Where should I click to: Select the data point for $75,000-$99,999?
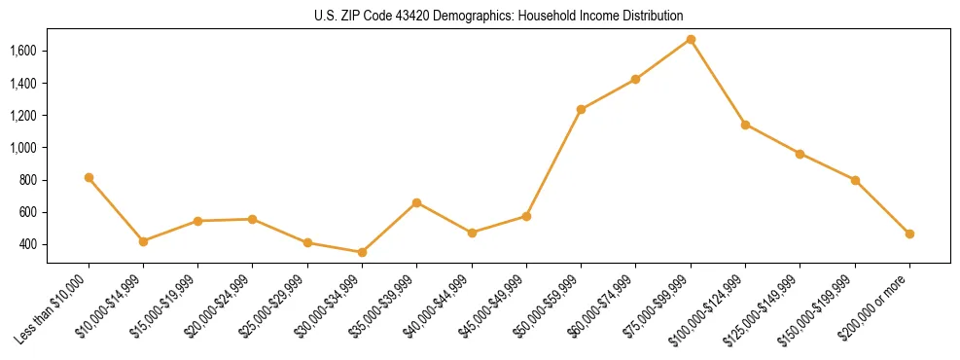(691, 40)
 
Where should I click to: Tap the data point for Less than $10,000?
(89, 178)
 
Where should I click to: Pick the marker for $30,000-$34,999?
(362, 252)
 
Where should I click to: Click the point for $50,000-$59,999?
(581, 109)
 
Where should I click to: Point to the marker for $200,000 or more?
(909, 234)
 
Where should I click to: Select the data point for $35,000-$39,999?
(416, 202)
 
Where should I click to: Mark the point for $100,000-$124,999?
(745, 125)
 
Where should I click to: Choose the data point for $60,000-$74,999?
(635, 79)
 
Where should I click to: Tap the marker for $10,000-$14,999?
(143, 241)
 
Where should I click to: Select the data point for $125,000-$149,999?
(800, 154)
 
